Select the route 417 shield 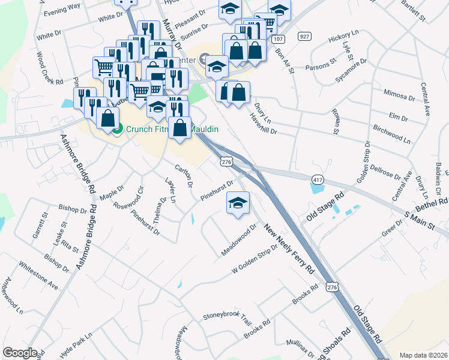[318, 179]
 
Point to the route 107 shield [277, 38]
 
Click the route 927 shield [306, 37]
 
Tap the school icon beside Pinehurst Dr [238, 202]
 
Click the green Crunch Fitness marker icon [118, 128]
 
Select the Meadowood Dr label [238, 240]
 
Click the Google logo [20, 353]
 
